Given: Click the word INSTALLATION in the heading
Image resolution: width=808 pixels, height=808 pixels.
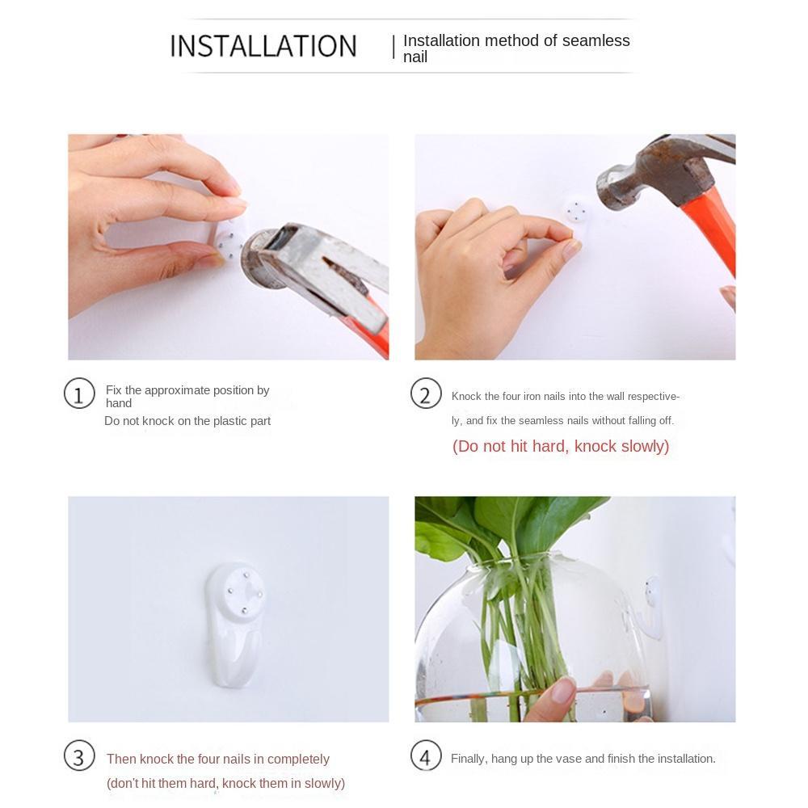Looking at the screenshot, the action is (263, 46).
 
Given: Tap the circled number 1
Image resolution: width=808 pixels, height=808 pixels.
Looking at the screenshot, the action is (79, 393).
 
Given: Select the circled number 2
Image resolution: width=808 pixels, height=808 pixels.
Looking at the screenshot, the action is (426, 393).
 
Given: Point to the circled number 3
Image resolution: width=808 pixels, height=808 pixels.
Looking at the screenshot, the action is (79, 756).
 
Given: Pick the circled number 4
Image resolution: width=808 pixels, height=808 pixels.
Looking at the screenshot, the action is (426, 756).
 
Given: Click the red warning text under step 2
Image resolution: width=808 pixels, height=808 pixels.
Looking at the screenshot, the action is (561, 446).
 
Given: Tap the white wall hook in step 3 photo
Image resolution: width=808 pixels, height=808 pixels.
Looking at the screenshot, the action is (236, 625).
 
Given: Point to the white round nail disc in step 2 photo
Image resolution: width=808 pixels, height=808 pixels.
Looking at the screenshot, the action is (574, 211).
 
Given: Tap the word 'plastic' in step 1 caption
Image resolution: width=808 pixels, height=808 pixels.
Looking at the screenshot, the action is (229, 421).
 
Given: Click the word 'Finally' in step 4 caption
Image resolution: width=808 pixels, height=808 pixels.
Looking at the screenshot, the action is (469, 759).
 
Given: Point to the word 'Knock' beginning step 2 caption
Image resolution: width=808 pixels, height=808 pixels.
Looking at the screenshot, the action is (466, 396).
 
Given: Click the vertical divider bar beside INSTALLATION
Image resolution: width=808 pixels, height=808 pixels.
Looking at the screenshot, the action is (393, 47).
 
